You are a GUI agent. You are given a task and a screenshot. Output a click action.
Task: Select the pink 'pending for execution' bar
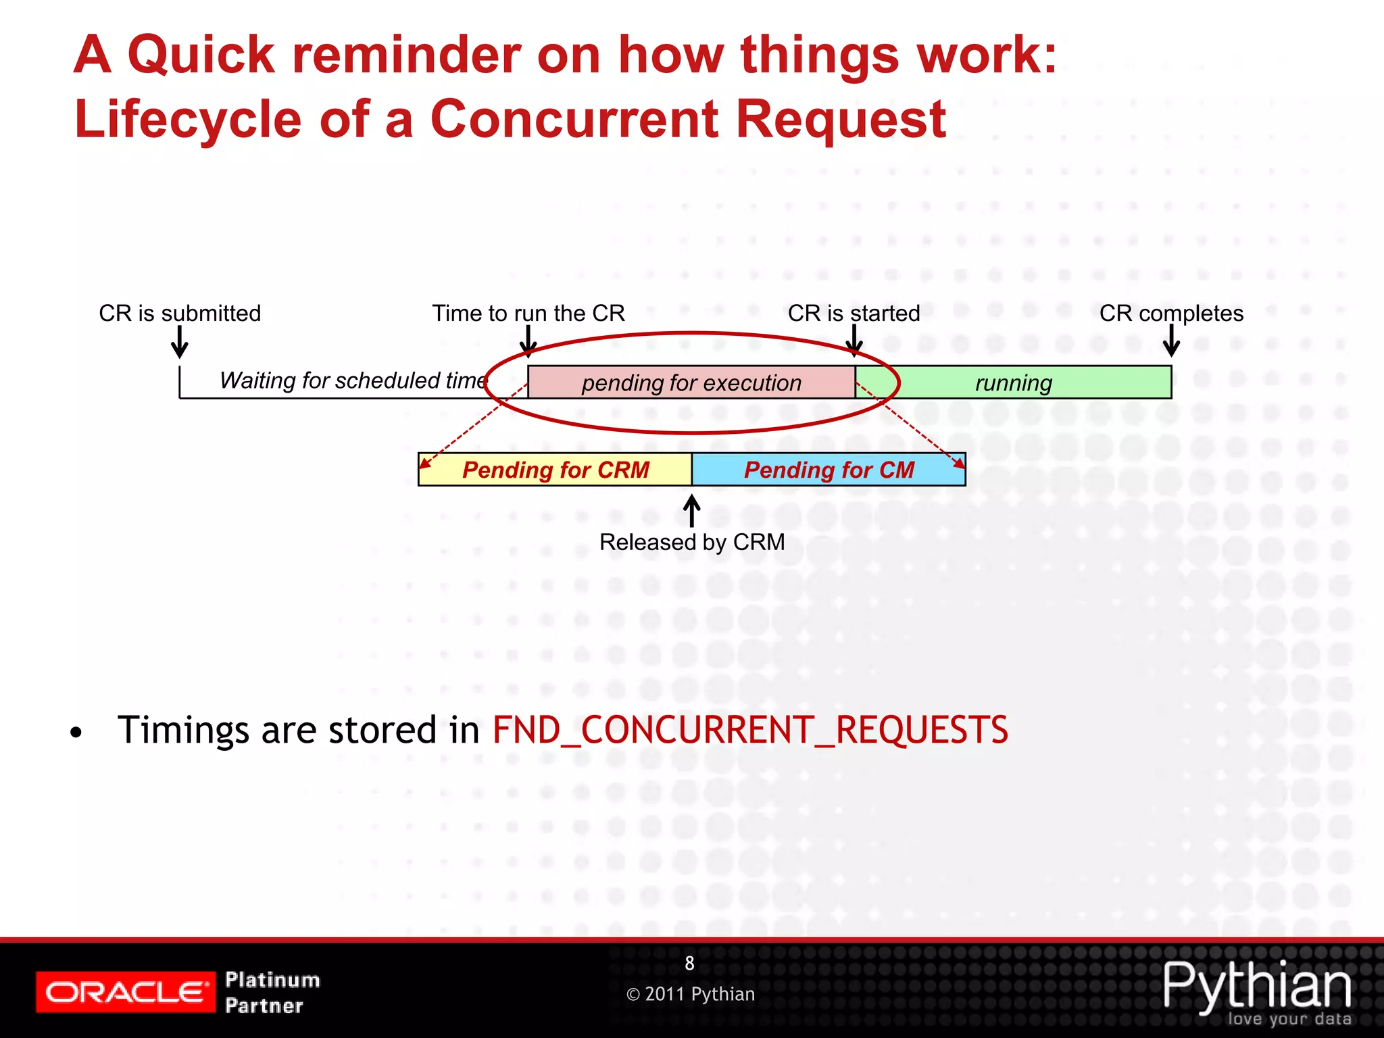coord(691,382)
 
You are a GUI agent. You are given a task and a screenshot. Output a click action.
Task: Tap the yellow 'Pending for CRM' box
coord(555,470)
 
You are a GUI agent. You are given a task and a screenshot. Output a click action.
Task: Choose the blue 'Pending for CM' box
coord(829,470)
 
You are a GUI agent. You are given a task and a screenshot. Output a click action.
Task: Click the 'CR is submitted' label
coord(180,314)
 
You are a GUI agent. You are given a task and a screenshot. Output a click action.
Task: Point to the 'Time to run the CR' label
coord(528,314)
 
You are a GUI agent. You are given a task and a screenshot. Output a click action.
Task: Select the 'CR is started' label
coord(854,314)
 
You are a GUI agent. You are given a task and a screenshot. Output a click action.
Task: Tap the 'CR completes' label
coord(1171,314)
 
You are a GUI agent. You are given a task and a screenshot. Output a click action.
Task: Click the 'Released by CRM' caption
coord(692,542)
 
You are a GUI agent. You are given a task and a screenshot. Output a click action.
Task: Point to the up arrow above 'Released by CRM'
coord(691,510)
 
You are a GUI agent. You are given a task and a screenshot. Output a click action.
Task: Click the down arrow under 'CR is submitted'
coord(180,342)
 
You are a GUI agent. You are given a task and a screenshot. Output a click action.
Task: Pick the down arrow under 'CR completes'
coord(1171,341)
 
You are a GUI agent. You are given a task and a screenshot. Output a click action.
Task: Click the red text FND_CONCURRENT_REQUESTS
coord(750,731)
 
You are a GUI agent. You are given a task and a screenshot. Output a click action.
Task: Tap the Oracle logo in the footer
coord(126,992)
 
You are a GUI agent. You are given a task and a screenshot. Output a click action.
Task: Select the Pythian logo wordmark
coord(1257,987)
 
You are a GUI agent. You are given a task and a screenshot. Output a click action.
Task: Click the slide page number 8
coord(689,963)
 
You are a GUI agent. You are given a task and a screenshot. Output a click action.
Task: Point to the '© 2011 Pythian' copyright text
coord(691,994)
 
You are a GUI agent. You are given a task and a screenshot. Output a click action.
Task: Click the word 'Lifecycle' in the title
coord(188,120)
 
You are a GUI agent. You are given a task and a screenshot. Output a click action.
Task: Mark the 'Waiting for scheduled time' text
coord(353,380)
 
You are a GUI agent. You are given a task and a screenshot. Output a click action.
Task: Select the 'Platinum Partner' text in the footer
coord(272,992)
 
